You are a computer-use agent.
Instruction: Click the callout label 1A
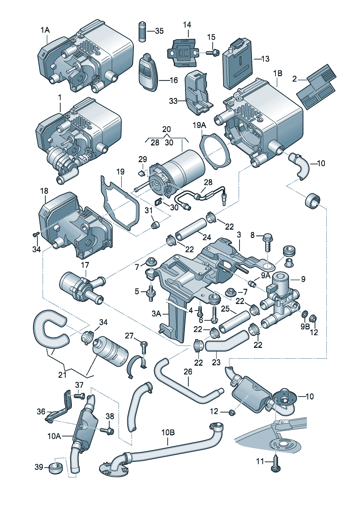pyautogui.click(x=45, y=30)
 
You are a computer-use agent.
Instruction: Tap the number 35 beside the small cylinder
pyautogui.click(x=159, y=31)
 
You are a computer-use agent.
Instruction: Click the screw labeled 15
pyautogui.click(x=213, y=53)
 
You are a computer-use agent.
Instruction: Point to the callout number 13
pyautogui.click(x=265, y=59)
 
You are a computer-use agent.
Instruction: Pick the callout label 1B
pyautogui.click(x=278, y=73)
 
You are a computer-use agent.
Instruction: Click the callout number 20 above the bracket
pyautogui.click(x=167, y=129)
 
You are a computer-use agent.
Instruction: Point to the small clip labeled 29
pyautogui.click(x=142, y=174)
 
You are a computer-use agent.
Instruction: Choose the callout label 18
pyautogui.click(x=44, y=191)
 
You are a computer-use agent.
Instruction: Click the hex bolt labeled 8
pyautogui.click(x=267, y=243)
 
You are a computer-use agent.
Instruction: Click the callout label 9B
pyautogui.click(x=305, y=327)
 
